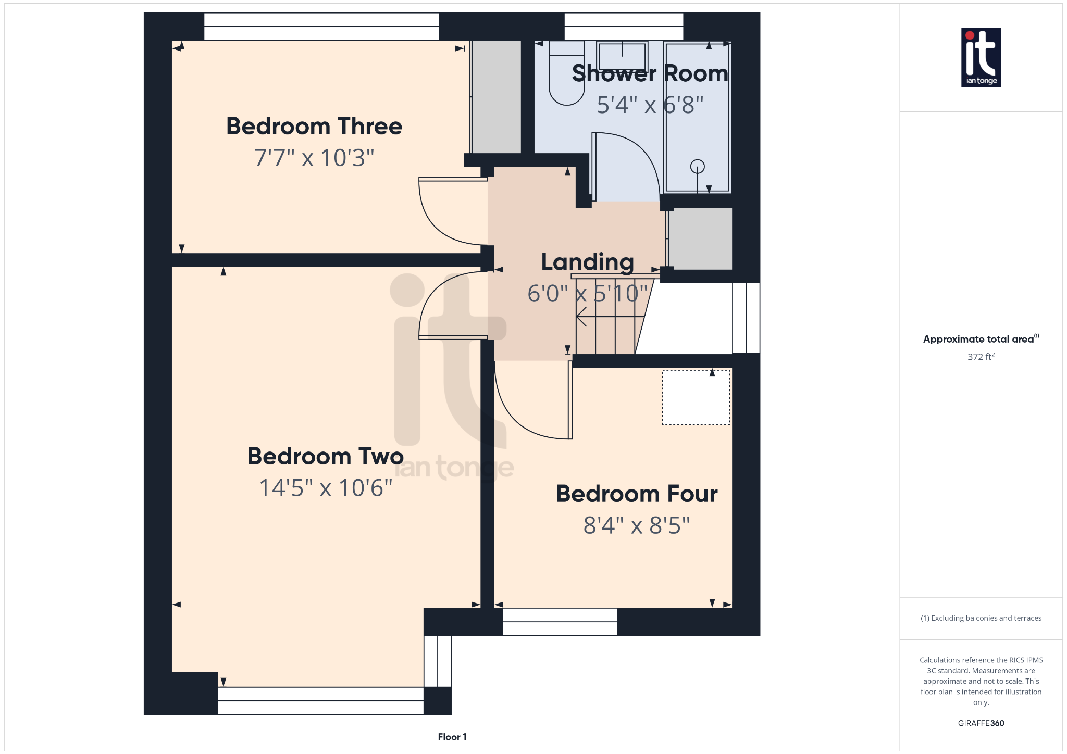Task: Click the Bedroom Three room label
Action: pyautogui.click(x=314, y=127)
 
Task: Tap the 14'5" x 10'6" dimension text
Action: pyautogui.click(x=326, y=488)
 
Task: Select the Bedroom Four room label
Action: pyautogui.click(x=637, y=494)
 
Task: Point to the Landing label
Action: pyautogui.click(x=587, y=261)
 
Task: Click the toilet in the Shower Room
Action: pyautogui.click(x=566, y=78)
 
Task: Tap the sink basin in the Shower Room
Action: pyautogui.click(x=622, y=56)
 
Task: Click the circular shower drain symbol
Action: pyautogui.click(x=697, y=167)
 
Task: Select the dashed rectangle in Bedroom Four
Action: pyautogui.click(x=696, y=397)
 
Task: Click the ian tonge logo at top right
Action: pyautogui.click(x=981, y=57)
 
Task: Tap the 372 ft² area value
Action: pyautogui.click(x=981, y=357)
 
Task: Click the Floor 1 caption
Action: pyautogui.click(x=452, y=737)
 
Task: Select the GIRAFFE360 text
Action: pyautogui.click(x=981, y=723)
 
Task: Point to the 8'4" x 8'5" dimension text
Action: pyautogui.click(x=637, y=525)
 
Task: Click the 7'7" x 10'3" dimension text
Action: pyautogui.click(x=314, y=158)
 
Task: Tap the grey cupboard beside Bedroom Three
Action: pyautogui.click(x=497, y=97)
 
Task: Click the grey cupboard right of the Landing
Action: pyautogui.click(x=700, y=238)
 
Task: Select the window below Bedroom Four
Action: pyautogui.click(x=560, y=622)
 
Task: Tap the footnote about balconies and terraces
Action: pyautogui.click(x=981, y=618)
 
